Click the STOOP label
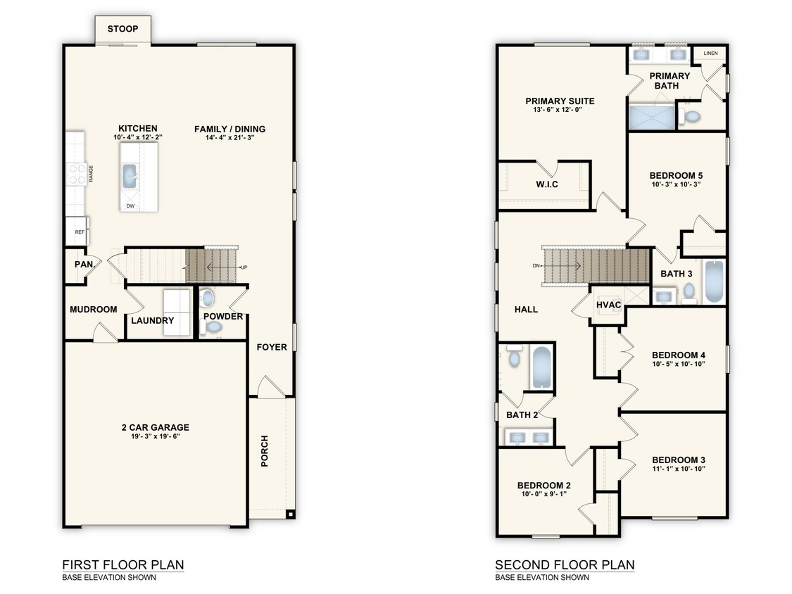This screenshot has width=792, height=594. [x=122, y=29]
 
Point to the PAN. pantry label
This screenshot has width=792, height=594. [x=84, y=265]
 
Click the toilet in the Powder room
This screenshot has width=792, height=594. [x=206, y=298]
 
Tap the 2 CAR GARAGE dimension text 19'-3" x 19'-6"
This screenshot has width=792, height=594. [x=155, y=437]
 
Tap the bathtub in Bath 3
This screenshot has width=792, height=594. [x=714, y=282]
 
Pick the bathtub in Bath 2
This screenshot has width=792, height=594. [x=541, y=366]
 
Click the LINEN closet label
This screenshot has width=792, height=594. [x=710, y=53]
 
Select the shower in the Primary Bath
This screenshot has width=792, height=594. [x=650, y=117]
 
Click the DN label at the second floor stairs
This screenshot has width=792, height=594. [x=536, y=266]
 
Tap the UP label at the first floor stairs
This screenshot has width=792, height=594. [x=244, y=267]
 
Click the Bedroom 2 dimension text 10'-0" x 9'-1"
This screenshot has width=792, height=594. [x=543, y=494]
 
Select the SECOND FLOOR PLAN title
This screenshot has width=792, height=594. [x=565, y=564]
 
